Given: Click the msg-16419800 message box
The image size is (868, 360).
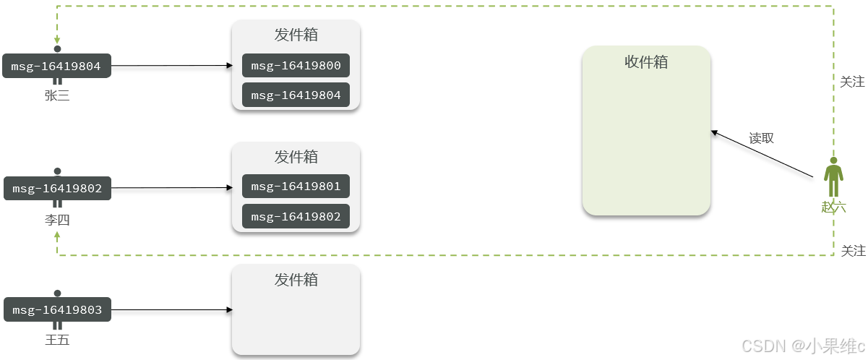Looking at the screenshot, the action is [x=296, y=66].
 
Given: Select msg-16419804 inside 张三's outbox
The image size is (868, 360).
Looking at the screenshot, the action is [x=296, y=95].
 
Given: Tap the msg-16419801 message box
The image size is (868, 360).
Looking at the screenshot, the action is [x=296, y=187].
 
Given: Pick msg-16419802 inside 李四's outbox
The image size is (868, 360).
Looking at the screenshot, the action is [x=296, y=216].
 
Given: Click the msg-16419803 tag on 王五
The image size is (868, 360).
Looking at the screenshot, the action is [x=56, y=310].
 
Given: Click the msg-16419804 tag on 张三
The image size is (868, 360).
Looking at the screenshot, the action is [x=56, y=67].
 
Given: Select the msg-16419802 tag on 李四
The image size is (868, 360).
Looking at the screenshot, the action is [x=56, y=189].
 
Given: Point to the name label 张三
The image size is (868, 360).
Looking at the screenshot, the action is [x=57, y=95].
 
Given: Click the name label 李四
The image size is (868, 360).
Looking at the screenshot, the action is [x=57, y=220].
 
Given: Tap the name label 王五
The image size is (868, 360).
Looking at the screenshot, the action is [x=57, y=340].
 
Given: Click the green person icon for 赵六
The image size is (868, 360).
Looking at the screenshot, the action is [x=833, y=177].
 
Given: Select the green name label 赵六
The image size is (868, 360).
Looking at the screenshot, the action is [x=833, y=207].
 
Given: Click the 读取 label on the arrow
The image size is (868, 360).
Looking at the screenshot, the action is [x=761, y=138].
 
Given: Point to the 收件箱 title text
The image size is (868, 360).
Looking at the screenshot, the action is [x=646, y=62].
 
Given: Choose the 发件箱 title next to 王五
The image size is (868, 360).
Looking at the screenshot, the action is [x=296, y=280].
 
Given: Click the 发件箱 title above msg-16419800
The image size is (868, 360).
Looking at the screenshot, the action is [x=296, y=35].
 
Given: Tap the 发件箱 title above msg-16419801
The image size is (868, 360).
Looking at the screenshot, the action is [x=296, y=157].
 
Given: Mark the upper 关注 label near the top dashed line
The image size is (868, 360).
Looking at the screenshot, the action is [x=852, y=82].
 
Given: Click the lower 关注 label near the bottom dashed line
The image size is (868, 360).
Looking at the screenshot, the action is [x=853, y=251].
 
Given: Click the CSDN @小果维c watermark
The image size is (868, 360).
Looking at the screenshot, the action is [x=803, y=346].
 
